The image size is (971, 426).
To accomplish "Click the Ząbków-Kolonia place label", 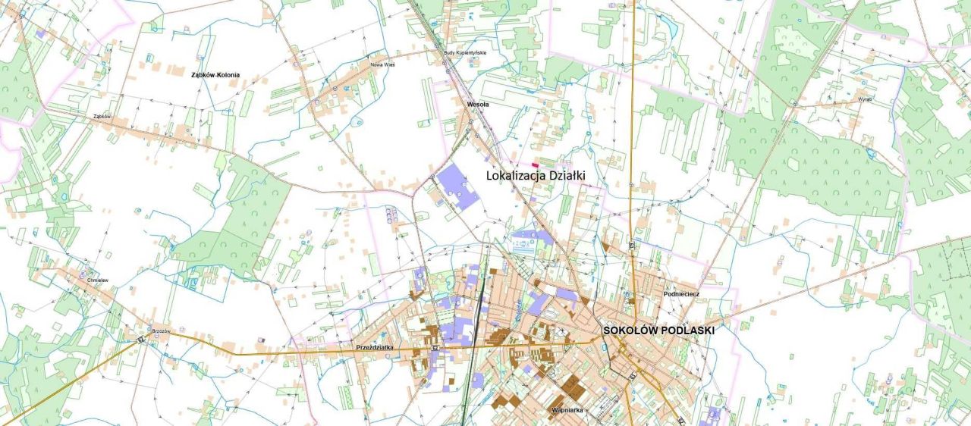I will (215, 75).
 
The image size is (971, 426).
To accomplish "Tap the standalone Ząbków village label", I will (102, 117).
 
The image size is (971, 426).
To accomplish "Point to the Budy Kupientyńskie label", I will (464, 53).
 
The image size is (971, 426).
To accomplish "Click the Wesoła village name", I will (478, 104).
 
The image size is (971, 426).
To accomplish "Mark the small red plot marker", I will (535, 164).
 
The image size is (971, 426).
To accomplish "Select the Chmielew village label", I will (98, 280).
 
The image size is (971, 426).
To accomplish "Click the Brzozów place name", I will (161, 331).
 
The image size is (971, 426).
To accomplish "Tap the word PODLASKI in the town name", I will (688, 330).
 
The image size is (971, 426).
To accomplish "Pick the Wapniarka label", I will (567, 410).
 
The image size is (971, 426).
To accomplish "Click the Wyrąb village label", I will (865, 99).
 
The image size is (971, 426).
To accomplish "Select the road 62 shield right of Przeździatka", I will (435, 348).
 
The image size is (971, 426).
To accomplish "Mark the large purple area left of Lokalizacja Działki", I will (457, 186).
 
